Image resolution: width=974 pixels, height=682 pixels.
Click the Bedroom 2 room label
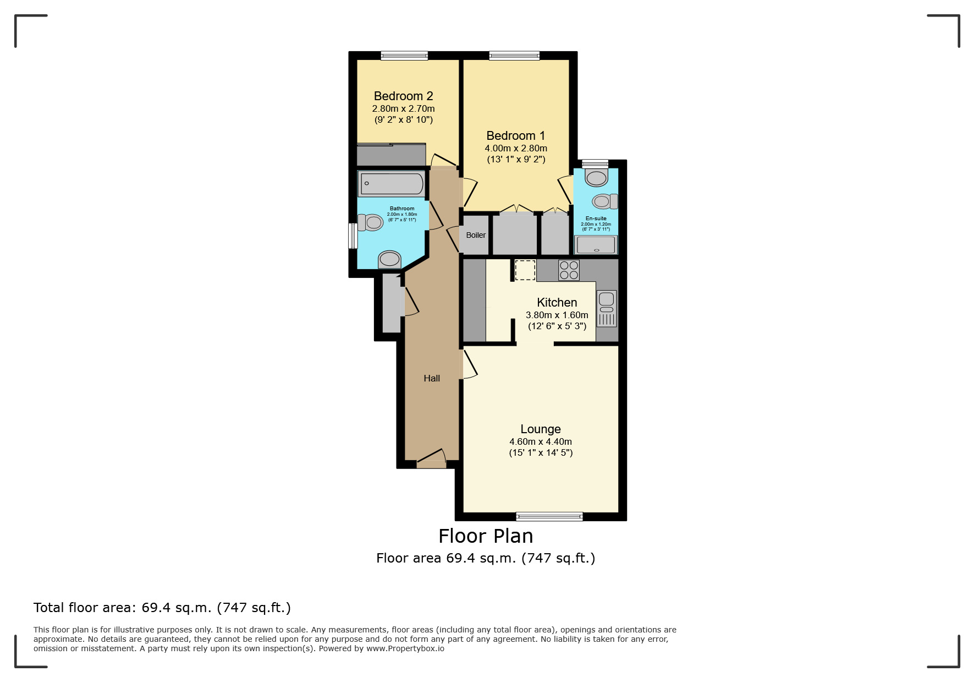(x=403, y=96)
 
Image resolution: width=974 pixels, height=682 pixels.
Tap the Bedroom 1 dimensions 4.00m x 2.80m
(x=515, y=148)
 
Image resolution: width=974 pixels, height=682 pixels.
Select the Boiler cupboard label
(x=476, y=235)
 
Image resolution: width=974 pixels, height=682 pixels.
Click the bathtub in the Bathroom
(x=391, y=184)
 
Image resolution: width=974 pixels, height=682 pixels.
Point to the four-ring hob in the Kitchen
(x=569, y=270)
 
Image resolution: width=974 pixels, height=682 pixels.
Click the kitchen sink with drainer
(x=607, y=308)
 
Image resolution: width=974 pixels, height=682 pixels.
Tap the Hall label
(x=432, y=378)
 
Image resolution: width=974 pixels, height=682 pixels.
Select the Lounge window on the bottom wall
(x=549, y=516)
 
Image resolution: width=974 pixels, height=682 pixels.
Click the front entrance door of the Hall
(x=431, y=460)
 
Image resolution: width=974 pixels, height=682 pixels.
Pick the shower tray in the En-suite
(x=596, y=245)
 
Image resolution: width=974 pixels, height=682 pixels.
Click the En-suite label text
(x=596, y=219)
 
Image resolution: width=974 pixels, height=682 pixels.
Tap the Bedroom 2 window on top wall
(x=404, y=55)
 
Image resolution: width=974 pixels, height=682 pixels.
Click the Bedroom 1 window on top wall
(x=514, y=55)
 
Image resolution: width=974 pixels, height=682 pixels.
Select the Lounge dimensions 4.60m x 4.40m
(x=541, y=441)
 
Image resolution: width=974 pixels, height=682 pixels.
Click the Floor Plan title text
(x=486, y=536)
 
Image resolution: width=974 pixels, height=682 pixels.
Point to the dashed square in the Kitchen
(x=525, y=270)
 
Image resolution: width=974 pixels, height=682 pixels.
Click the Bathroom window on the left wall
(x=353, y=236)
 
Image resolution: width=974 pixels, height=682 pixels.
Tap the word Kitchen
(x=557, y=302)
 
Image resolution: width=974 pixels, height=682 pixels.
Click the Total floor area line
(x=162, y=608)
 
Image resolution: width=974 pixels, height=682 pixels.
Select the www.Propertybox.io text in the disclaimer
(x=405, y=648)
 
